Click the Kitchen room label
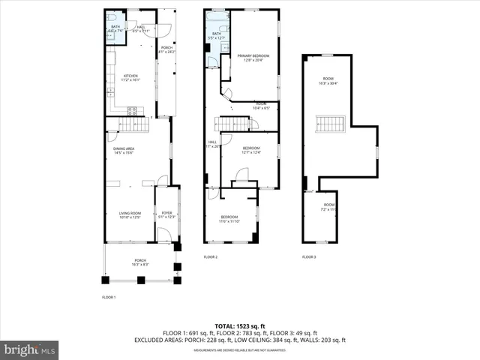pyautogui.click(x=130, y=77)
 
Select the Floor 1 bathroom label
pyautogui.click(x=115, y=29)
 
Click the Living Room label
pyautogui.click(x=130, y=216)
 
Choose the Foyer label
pyautogui.click(x=166, y=215)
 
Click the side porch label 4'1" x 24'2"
pyautogui.click(x=166, y=50)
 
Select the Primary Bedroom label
pyautogui.click(x=253, y=58)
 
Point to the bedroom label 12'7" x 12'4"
pyautogui.click(x=250, y=151)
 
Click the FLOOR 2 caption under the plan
pyautogui.click(x=211, y=257)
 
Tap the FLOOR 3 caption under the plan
pyautogui.click(x=309, y=257)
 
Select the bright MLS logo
pyautogui.click(x=30, y=349)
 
